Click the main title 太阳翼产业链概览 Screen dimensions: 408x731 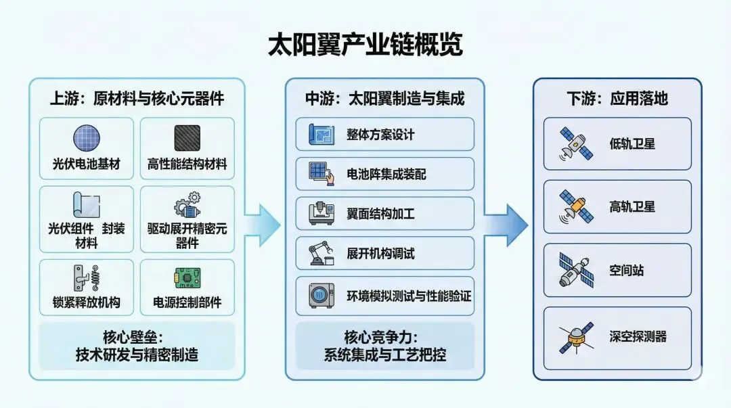tap(365, 45)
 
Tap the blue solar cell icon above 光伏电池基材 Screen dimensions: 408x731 tap(86, 139)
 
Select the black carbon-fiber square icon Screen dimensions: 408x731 tap(187, 138)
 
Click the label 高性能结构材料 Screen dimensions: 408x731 tap(187, 164)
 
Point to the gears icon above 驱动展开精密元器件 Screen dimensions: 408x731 tap(187, 206)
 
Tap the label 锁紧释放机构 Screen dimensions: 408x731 tap(86, 302)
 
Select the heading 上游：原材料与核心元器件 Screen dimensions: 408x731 tap(137, 99)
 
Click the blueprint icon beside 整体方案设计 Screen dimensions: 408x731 tap(322, 134)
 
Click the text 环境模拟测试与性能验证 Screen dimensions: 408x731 tap(409, 296)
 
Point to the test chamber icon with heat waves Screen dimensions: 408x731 tap(322, 296)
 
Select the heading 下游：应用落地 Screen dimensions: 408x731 tap(617, 99)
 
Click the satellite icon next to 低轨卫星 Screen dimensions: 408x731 tap(576, 143)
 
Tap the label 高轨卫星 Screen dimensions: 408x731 tap(632, 206)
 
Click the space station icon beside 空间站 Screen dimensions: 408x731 tap(576, 270)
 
